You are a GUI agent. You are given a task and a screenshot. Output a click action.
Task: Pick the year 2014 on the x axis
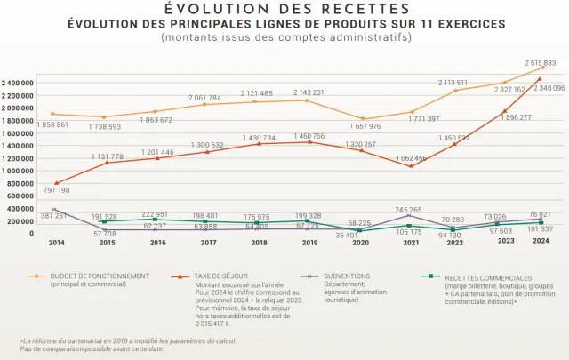coord(56,242)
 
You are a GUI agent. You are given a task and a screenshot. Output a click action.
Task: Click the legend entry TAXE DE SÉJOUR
coord(221,276)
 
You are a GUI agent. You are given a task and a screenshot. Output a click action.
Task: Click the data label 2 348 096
coord(546,89)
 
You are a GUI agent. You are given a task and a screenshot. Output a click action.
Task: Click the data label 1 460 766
coord(309,136)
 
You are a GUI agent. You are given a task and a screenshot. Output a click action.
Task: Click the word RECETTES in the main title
coord(346,9)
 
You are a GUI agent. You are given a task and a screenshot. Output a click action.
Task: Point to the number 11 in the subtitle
coord(424,24)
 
